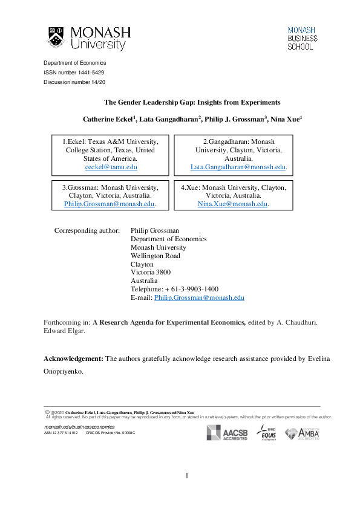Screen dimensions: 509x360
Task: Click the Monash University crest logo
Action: [56, 37]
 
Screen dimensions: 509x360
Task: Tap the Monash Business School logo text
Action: [301, 37]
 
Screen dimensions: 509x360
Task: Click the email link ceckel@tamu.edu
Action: [111, 166]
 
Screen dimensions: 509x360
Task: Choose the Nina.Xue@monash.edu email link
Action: [232, 204]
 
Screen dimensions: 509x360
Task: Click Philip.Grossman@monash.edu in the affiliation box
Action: [109, 204]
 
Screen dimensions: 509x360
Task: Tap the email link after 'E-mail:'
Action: [199, 298]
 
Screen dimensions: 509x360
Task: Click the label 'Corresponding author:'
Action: [87, 230]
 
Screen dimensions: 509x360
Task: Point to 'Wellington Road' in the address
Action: [155, 256]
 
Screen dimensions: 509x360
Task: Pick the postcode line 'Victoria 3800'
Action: [151, 273]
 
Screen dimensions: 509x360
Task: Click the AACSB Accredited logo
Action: [227, 433]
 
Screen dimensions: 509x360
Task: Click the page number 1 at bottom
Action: [188, 476]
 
